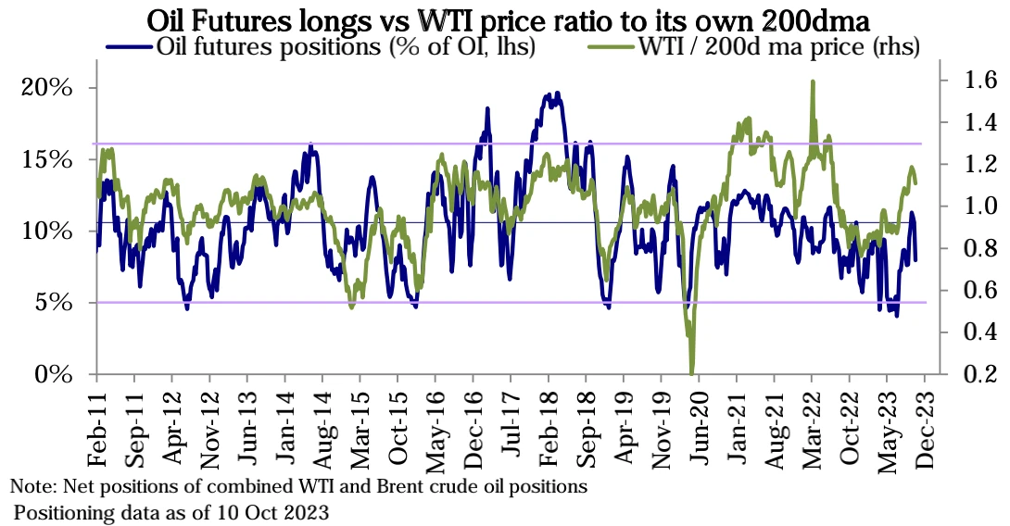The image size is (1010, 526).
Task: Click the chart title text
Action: pos(505,19)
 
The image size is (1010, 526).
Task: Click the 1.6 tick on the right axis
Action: pos(966,81)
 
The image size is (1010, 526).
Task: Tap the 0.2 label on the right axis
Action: pos(966,374)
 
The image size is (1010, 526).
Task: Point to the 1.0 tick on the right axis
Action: pos(966,207)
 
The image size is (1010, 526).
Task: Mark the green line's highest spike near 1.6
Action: pos(813,82)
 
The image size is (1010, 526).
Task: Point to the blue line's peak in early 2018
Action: pos(557,94)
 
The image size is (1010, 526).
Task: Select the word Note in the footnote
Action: pos(28,485)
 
